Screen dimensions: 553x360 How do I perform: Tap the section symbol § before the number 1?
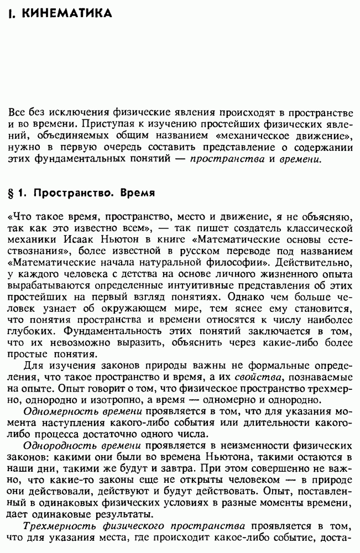point(12,194)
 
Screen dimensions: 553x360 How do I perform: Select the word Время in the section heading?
point(134,194)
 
